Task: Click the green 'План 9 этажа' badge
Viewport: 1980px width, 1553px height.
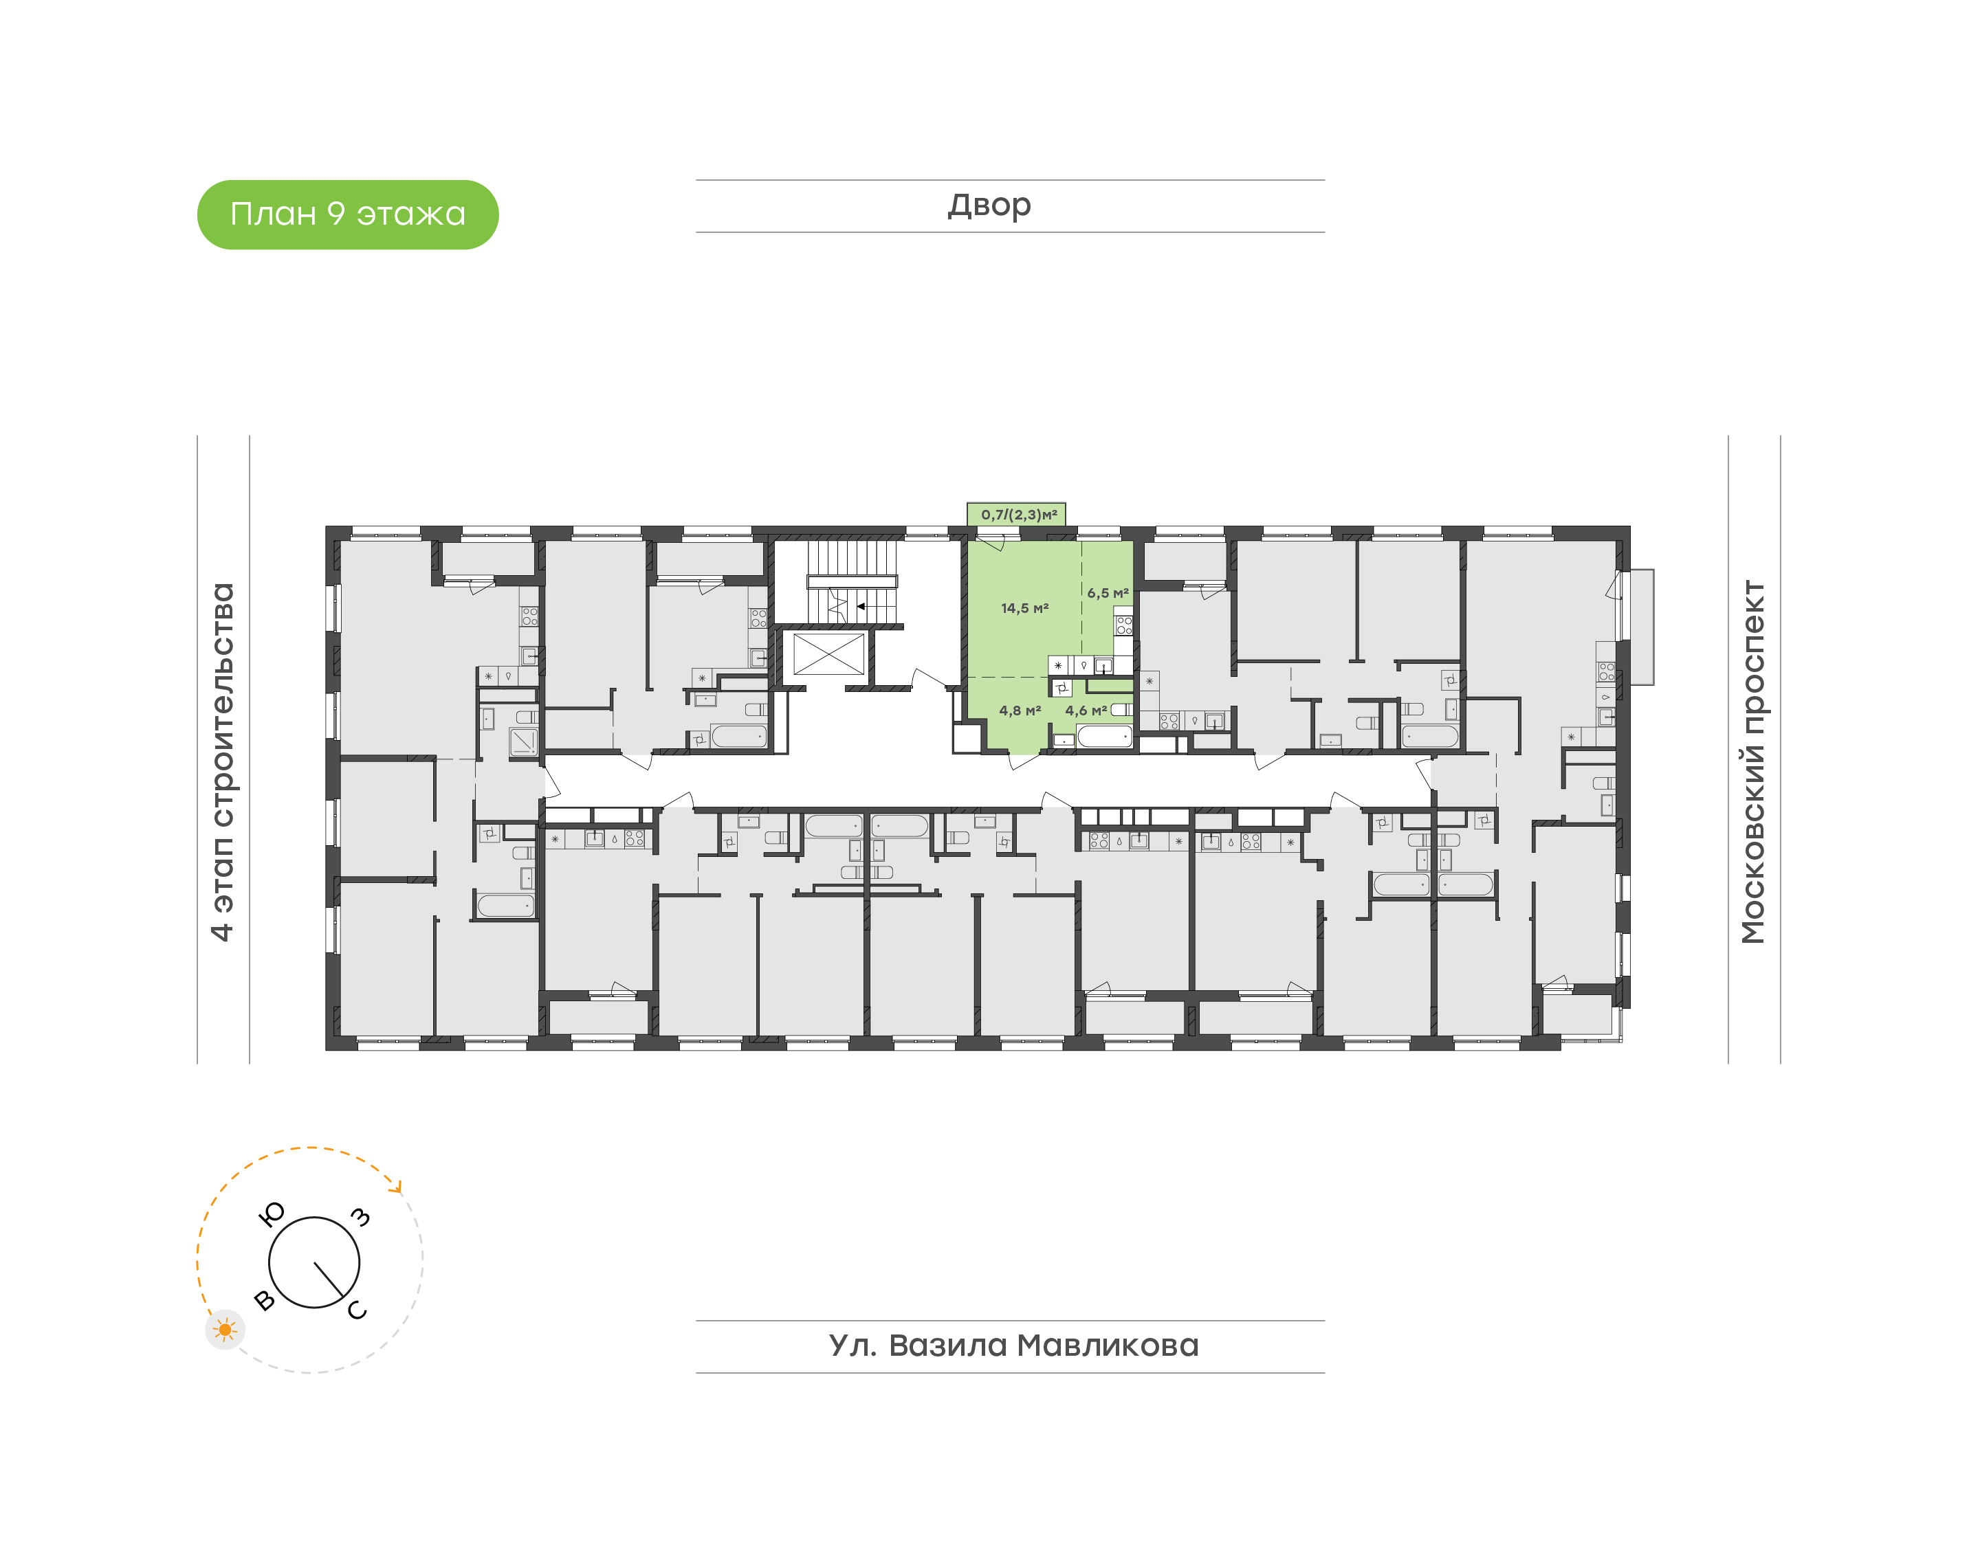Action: (x=347, y=214)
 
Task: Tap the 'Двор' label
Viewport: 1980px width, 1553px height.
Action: (x=989, y=205)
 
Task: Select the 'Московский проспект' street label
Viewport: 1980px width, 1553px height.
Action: (x=1752, y=761)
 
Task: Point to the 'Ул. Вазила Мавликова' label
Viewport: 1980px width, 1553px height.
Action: (x=1013, y=1345)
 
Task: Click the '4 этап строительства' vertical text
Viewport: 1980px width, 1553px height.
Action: (x=222, y=761)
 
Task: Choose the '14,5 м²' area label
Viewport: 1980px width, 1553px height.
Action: (x=1024, y=608)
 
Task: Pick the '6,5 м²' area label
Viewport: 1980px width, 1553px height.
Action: (x=1107, y=593)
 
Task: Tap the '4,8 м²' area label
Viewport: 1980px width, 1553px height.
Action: (x=1020, y=710)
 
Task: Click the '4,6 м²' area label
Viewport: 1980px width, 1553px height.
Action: (x=1086, y=710)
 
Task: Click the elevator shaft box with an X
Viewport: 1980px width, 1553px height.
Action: (x=828, y=653)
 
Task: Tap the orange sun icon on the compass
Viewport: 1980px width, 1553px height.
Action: (x=225, y=1330)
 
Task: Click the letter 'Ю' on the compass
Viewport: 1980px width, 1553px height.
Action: (x=272, y=1214)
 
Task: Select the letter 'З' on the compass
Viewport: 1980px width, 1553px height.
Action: (x=361, y=1216)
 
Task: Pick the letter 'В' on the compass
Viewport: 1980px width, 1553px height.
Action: (x=264, y=1300)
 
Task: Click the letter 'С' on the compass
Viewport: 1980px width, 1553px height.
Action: (x=357, y=1309)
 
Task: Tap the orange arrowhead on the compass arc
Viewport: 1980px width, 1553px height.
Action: (x=395, y=1185)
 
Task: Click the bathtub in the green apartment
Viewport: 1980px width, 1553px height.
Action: (x=1104, y=735)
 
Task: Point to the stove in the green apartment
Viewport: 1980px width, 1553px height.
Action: (x=1124, y=625)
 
